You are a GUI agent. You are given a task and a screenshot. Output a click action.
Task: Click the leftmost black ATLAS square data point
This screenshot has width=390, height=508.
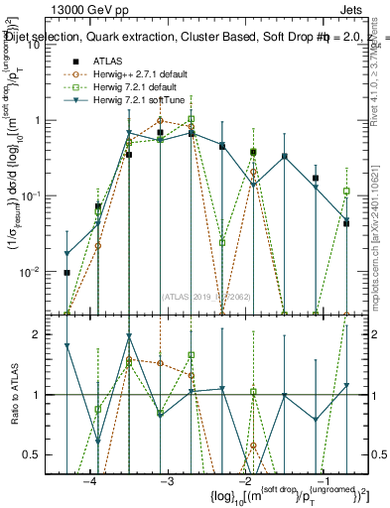point(67,272)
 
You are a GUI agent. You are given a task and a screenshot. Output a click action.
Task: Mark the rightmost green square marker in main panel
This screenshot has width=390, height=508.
point(346,190)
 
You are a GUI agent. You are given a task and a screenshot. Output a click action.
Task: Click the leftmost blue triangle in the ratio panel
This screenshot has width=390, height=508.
point(67,345)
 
